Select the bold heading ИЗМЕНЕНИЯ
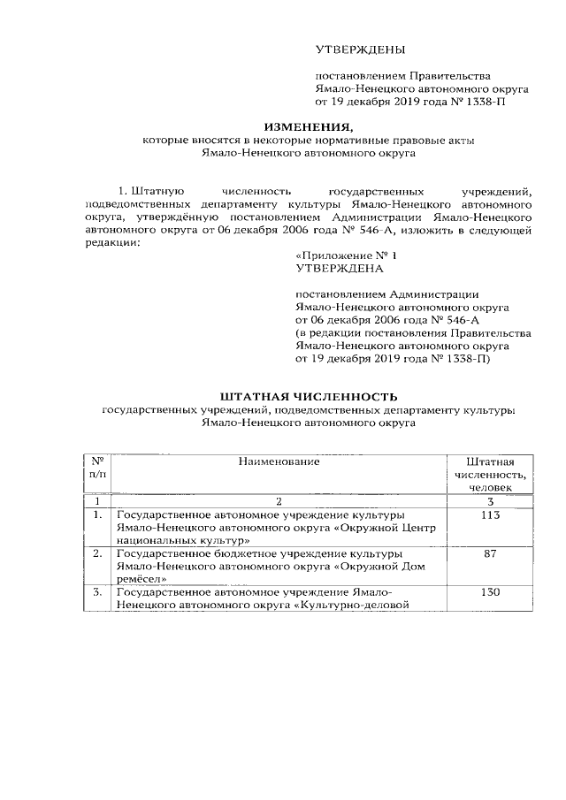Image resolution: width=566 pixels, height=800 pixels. coord(307,126)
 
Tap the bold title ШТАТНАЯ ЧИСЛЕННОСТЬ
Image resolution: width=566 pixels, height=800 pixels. coord(309,396)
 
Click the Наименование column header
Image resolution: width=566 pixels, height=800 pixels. coord(279,461)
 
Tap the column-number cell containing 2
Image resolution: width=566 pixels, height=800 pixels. coord(279,502)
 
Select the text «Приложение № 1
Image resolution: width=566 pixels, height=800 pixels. coord(340,255)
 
